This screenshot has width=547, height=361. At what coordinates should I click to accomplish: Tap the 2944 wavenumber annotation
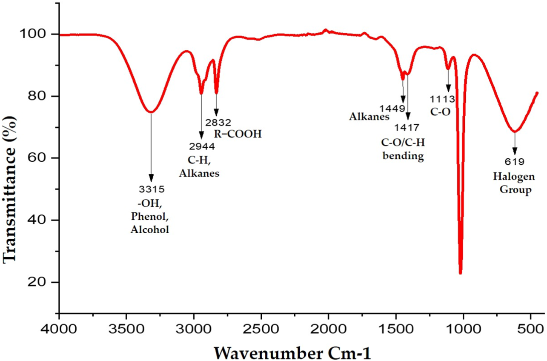pos(201,146)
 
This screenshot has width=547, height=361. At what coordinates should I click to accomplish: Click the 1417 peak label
pos(407,127)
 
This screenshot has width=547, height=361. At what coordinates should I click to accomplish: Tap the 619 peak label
pos(515,161)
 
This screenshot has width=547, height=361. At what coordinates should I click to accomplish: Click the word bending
pos(403,156)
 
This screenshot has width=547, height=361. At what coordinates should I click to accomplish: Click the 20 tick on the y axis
pos(47,282)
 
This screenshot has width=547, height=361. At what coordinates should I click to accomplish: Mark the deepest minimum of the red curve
pos(460,272)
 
